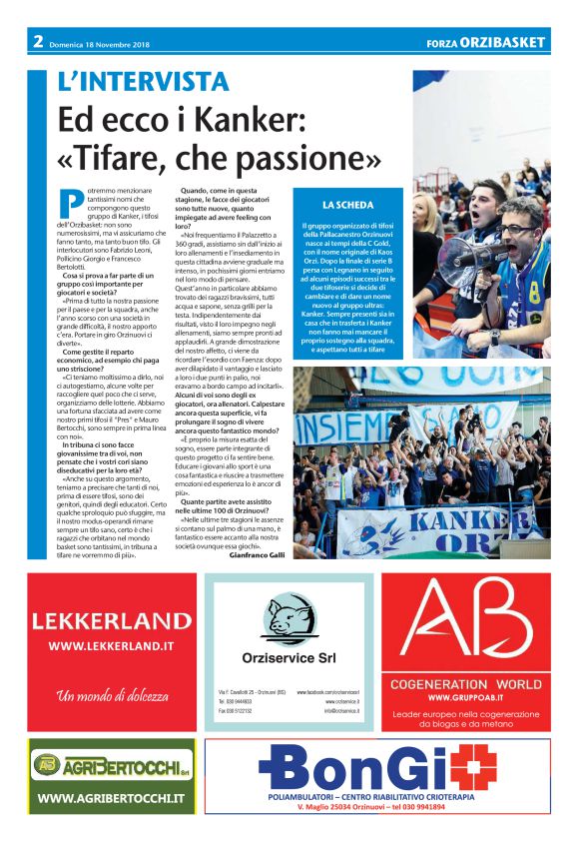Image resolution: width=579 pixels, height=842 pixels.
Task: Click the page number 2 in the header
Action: tap(38, 41)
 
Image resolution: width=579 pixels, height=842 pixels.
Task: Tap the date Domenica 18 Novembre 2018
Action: tap(103, 42)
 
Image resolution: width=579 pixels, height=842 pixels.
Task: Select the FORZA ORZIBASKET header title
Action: tap(485, 42)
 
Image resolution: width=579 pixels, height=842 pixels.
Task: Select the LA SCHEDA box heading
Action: tap(347, 204)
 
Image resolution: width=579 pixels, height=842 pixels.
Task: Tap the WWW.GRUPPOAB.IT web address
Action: tap(469, 697)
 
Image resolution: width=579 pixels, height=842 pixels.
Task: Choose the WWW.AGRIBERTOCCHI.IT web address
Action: tap(111, 798)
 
